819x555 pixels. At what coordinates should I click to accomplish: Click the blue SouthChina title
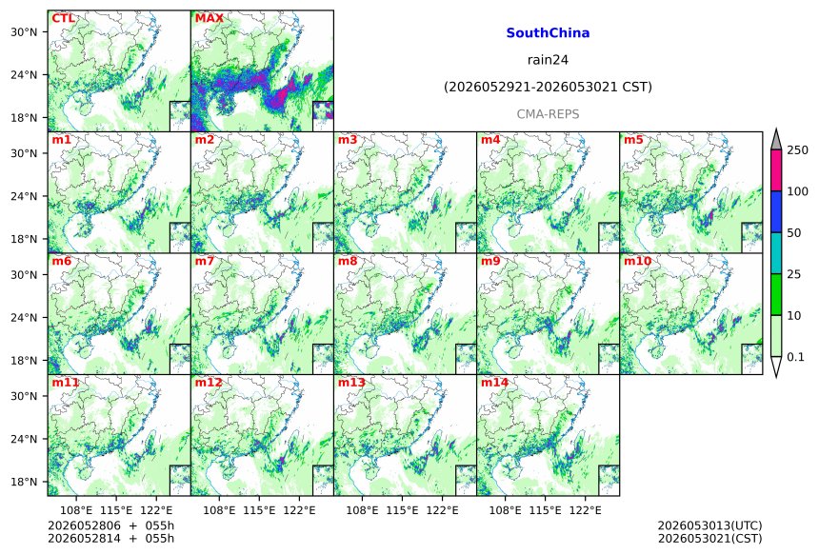pyautogui.click(x=548, y=33)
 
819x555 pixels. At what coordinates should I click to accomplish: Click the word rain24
pyautogui.click(x=548, y=60)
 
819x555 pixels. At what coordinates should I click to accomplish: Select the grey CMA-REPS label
pyautogui.click(x=548, y=114)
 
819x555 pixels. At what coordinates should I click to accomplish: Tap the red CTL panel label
pyautogui.click(x=63, y=18)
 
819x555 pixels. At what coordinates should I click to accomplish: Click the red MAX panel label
pyautogui.click(x=209, y=18)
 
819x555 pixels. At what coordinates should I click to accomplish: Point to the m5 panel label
pyautogui.click(x=633, y=140)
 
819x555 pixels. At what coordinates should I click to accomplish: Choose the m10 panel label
pyautogui.click(x=637, y=261)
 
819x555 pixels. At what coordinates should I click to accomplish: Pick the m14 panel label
pyautogui.click(x=494, y=382)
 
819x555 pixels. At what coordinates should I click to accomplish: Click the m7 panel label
pyautogui.click(x=205, y=261)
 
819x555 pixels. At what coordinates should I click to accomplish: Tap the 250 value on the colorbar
pyautogui.click(x=798, y=150)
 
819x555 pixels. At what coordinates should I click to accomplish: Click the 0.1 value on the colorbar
pyautogui.click(x=795, y=357)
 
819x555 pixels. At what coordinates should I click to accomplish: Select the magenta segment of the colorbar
pyautogui.click(x=776, y=170)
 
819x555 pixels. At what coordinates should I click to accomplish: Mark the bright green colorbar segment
pyautogui.click(x=776, y=294)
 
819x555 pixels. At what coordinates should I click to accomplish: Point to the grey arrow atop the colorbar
pyautogui.click(x=776, y=140)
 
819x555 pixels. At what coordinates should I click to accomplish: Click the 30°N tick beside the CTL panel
pyautogui.click(x=24, y=32)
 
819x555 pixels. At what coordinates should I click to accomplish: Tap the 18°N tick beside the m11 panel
pyautogui.click(x=24, y=482)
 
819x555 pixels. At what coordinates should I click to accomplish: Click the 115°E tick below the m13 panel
pyautogui.click(x=403, y=510)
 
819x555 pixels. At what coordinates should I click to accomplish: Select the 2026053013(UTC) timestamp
pyautogui.click(x=709, y=525)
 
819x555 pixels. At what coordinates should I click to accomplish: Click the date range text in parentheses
pyautogui.click(x=548, y=88)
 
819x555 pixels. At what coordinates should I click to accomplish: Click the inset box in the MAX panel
pyautogui.click(x=323, y=116)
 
